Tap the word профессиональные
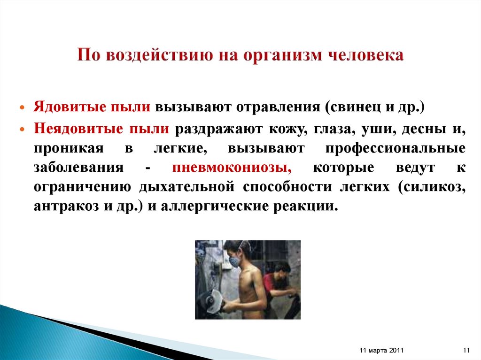point(395,148)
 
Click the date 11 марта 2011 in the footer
point(380,350)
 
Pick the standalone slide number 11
point(466,350)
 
